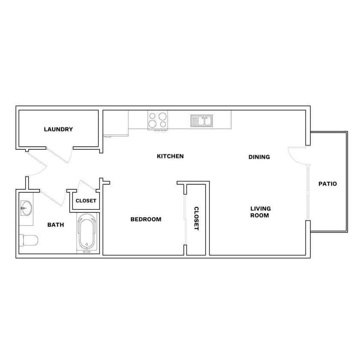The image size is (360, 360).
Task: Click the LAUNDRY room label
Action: tap(58, 129)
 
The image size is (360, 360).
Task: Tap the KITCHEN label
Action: tap(170, 156)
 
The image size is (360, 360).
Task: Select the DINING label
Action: tap(259, 157)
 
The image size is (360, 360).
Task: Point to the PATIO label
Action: tap(328, 184)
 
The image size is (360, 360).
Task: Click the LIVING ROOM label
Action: tap(260, 212)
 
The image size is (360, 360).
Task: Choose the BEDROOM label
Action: tap(146, 219)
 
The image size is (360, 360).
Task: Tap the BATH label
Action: tap(55, 224)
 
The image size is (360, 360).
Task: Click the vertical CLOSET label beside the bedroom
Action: tap(196, 218)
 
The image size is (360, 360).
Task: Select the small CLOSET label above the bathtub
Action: tap(86, 201)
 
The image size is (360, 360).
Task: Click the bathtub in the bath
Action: tap(87, 232)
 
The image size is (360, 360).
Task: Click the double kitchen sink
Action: tap(201, 121)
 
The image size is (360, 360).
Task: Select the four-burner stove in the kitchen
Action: tap(157, 120)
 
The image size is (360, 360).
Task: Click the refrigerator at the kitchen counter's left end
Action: tap(116, 123)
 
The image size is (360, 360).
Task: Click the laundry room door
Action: tap(59, 155)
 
